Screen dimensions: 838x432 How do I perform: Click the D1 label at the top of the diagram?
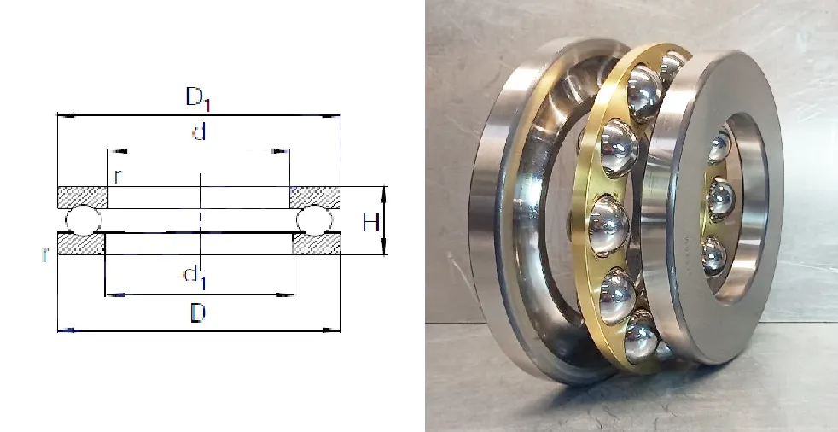pos(198,99)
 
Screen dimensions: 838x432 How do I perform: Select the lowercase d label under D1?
pos(199,131)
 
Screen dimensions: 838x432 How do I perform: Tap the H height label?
pos(371,223)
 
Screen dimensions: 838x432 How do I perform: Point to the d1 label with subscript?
pos(194,277)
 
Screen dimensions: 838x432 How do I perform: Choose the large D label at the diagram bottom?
pos(198,313)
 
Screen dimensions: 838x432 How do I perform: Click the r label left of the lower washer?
pos(45,255)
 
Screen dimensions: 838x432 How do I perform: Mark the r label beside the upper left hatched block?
pos(118,177)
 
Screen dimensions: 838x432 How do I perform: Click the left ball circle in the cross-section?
pos(83,219)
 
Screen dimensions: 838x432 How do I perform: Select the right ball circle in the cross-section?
pos(314,220)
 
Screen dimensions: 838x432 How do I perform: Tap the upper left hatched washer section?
pos(82,197)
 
